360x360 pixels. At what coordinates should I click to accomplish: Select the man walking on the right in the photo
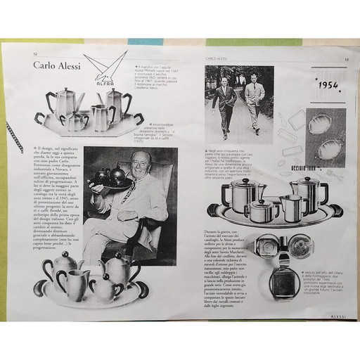click(x=253, y=102)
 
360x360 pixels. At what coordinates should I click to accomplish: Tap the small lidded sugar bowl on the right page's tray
click(x=261, y=210)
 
